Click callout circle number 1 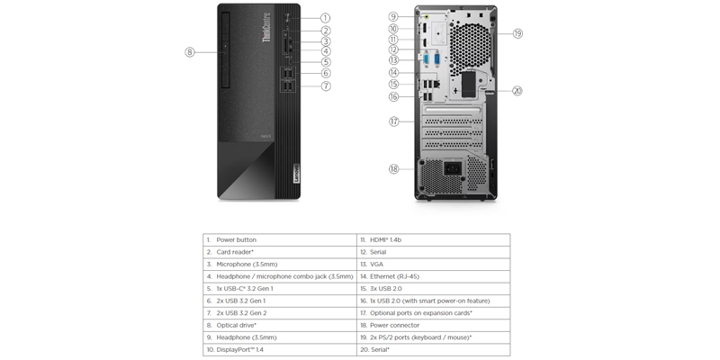(x=325, y=18)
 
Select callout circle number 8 (x=190, y=52)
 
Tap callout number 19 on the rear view (x=517, y=33)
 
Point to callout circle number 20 (x=517, y=91)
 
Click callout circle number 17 (x=394, y=121)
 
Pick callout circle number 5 (x=326, y=62)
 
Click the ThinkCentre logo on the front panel (x=266, y=27)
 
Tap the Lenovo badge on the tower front (x=295, y=173)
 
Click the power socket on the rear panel (x=453, y=168)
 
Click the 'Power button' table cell (x=280, y=239)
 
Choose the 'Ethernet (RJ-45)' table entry (x=434, y=276)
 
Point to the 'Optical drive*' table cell (x=280, y=325)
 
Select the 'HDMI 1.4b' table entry (x=434, y=239)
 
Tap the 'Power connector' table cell (x=434, y=325)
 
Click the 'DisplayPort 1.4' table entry (x=280, y=349)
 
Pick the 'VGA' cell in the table (x=434, y=264)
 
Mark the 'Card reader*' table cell (x=280, y=252)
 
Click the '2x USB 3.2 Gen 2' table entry (x=280, y=312)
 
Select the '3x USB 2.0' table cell (x=434, y=288)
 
